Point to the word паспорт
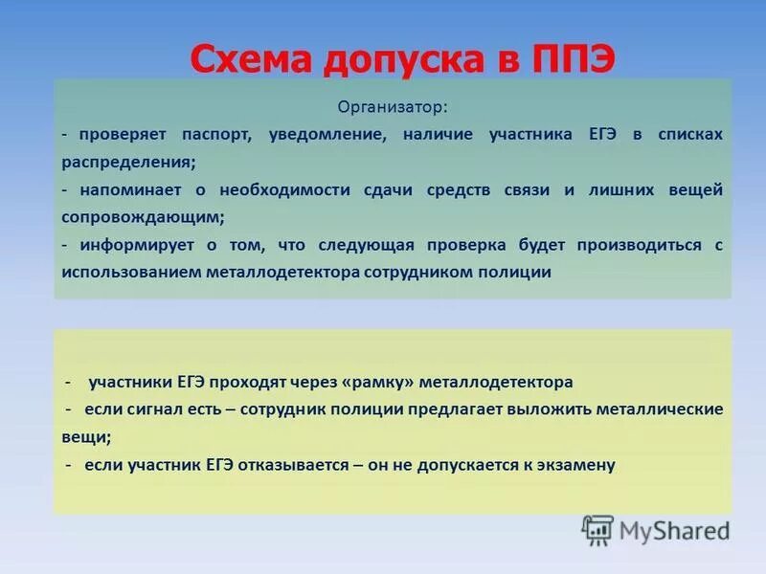coord(211,135)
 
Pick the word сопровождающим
coord(143,217)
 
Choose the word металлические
coord(659,409)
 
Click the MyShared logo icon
coord(598,529)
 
